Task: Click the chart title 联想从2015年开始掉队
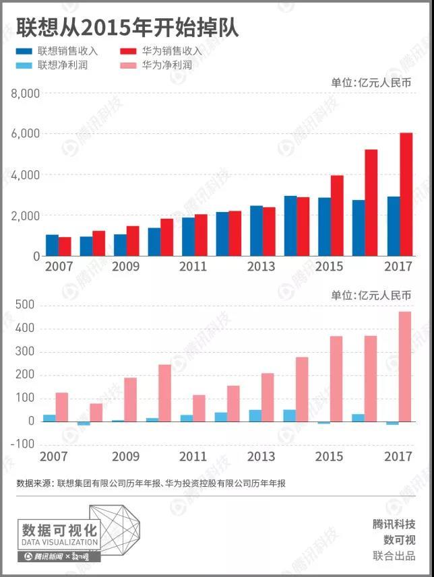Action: click(x=127, y=28)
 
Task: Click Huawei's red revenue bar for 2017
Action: click(x=406, y=195)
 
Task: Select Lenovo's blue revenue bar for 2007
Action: click(x=52, y=246)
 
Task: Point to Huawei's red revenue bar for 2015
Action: click(x=337, y=215)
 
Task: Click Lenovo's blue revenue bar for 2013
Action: click(x=256, y=231)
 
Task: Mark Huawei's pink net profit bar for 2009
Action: click(x=131, y=400)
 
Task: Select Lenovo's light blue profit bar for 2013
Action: click(x=255, y=415)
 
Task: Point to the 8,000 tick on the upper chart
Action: click(x=26, y=94)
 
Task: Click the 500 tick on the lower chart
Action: click(x=25, y=306)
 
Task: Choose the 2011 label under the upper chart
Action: click(x=193, y=267)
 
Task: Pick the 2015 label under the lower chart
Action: click(x=330, y=457)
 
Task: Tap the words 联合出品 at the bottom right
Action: click(x=394, y=556)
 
